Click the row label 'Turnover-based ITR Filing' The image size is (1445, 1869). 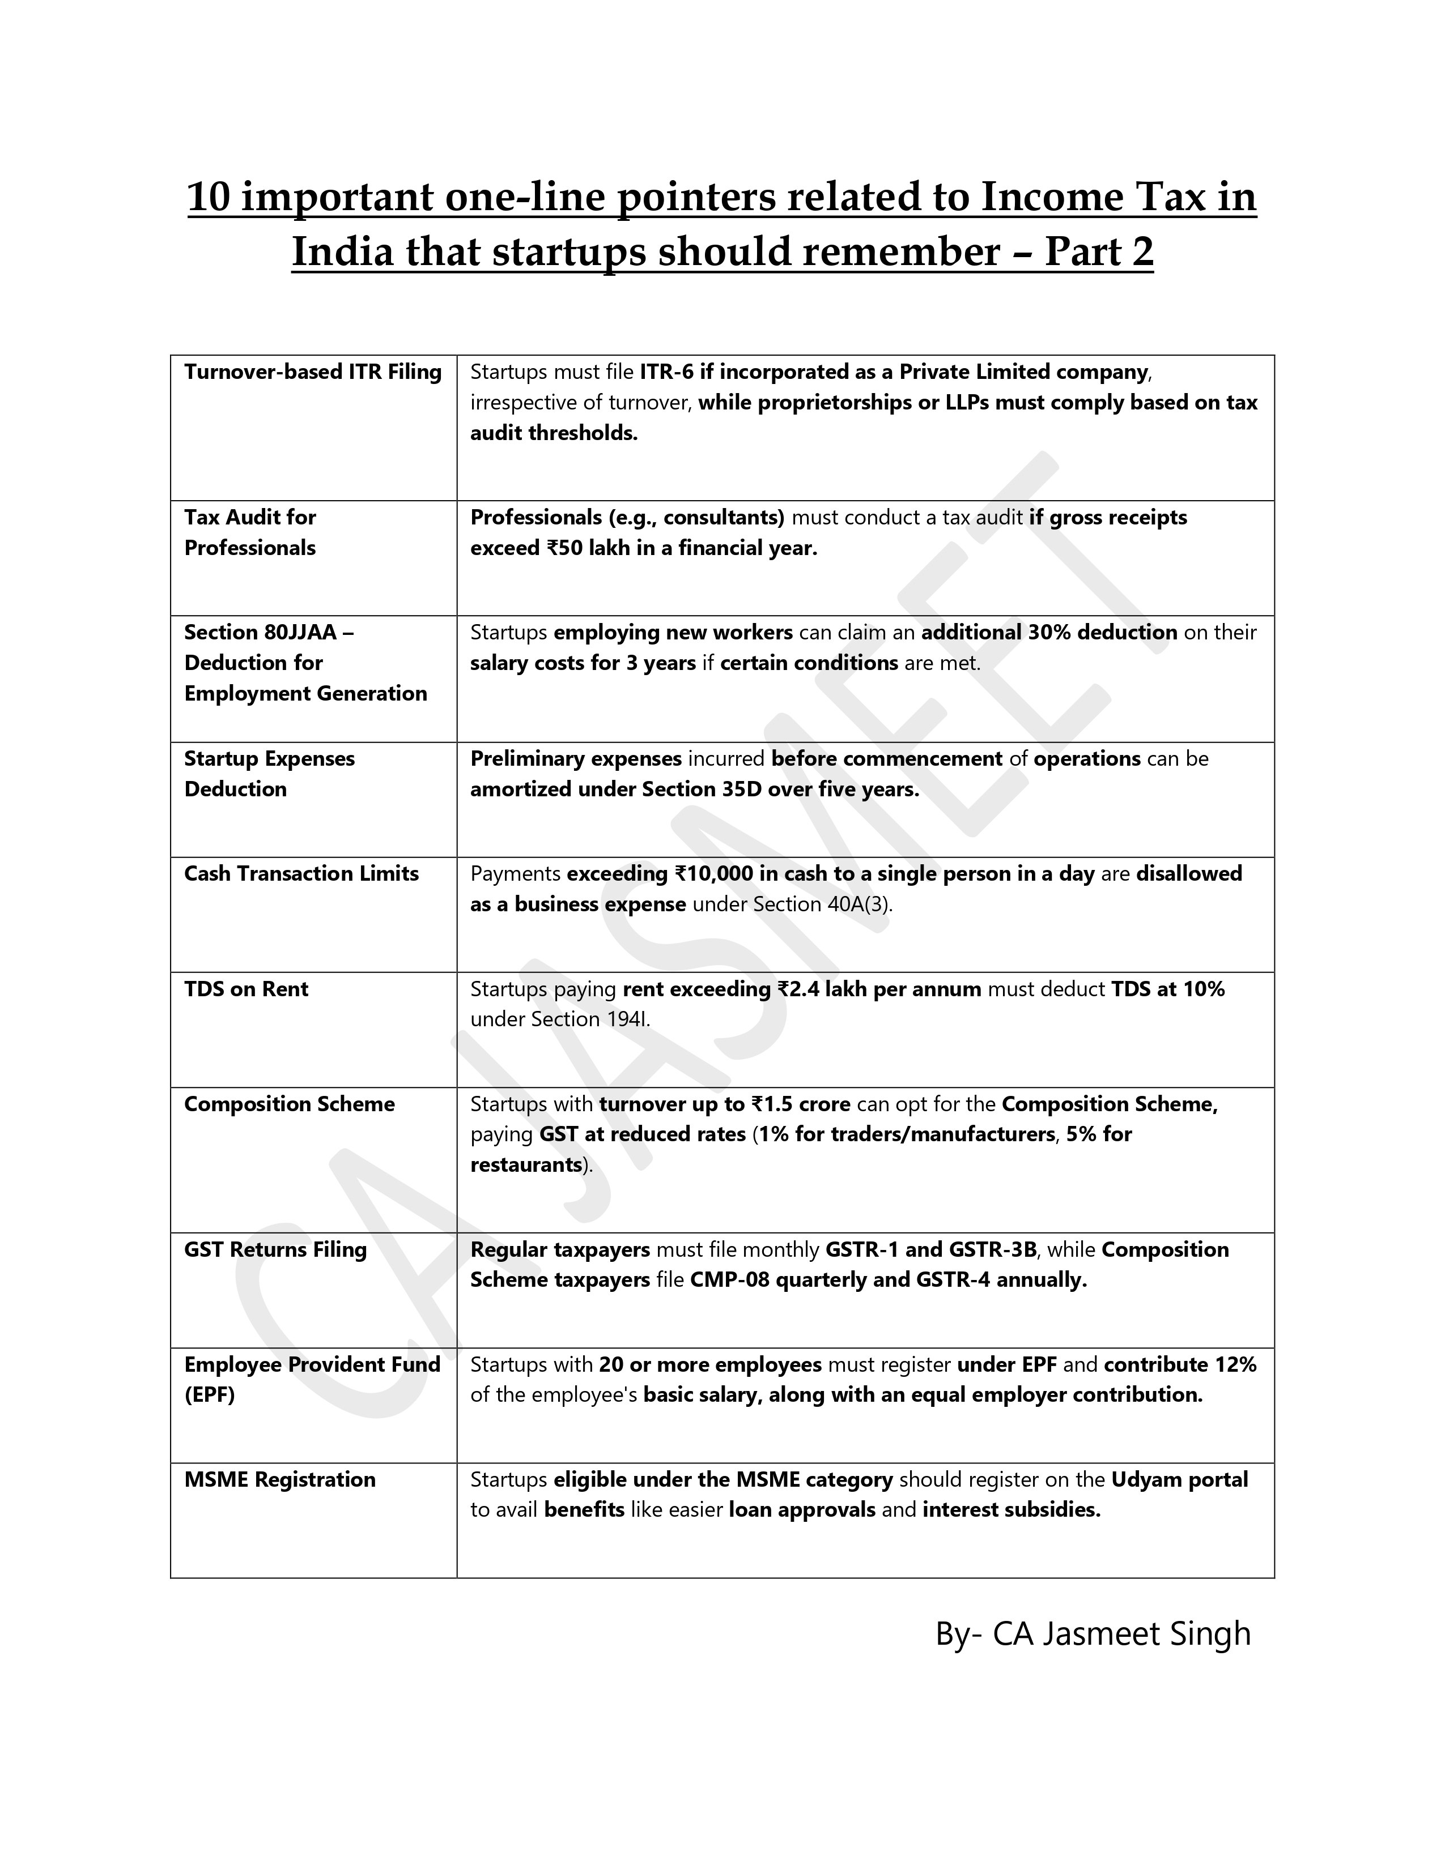(312, 372)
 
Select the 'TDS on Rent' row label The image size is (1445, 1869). (246, 989)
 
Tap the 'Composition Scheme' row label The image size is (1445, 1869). (290, 1104)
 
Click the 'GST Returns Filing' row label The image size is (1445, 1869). (275, 1249)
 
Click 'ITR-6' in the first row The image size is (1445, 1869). (666, 372)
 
